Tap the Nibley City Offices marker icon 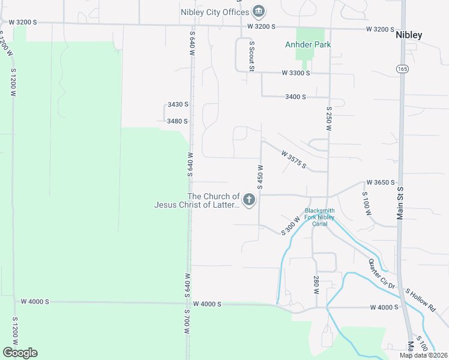[x=259, y=11]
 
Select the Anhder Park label [x=308, y=44]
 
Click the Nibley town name [x=409, y=35]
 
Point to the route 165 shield [x=401, y=70]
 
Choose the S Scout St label [x=252, y=56]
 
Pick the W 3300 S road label [x=296, y=73]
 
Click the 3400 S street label [x=296, y=97]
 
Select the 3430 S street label [x=178, y=104]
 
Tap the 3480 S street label [x=178, y=121]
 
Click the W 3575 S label [x=294, y=160]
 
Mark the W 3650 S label [x=381, y=182]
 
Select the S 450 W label [x=261, y=177]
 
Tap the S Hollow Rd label [x=421, y=299]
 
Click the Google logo [x=20, y=353]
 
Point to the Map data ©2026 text [x=424, y=355]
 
